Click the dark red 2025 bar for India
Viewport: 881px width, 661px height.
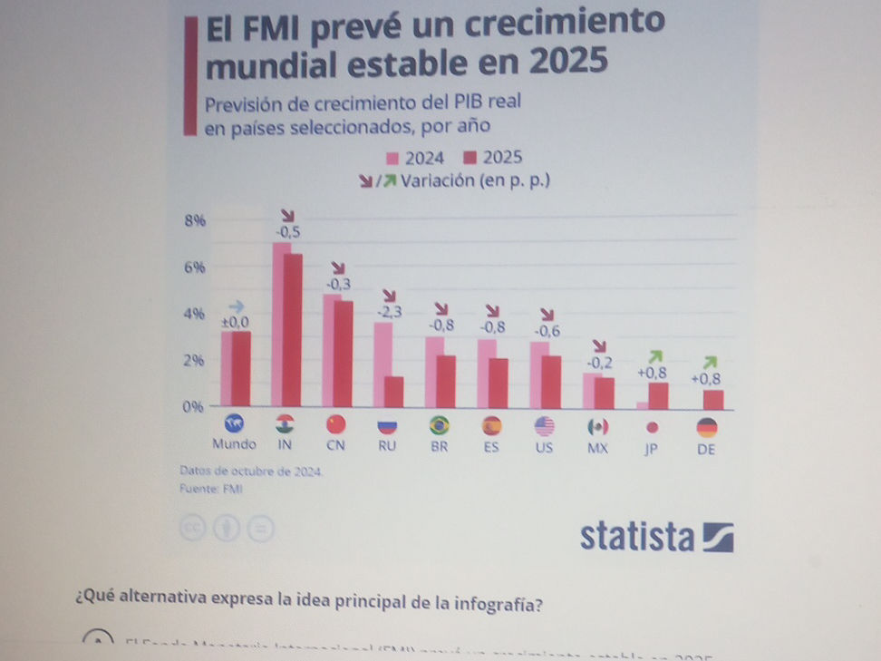(293, 331)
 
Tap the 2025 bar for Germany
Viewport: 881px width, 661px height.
(713, 400)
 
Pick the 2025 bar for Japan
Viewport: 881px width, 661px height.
(659, 395)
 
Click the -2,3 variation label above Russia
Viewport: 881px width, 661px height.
(390, 313)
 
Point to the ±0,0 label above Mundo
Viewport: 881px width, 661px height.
(235, 322)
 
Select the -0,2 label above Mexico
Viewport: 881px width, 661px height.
(599, 363)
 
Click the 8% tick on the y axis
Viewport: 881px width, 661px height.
(195, 220)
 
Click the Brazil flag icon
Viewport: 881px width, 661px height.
(440, 425)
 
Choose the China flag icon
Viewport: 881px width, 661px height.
(335, 425)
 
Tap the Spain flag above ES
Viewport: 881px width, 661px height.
(492, 425)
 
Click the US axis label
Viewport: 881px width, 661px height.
(544, 446)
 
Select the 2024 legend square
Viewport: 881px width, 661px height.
(392, 158)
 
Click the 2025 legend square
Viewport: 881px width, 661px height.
(470, 158)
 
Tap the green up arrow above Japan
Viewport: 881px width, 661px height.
(657, 355)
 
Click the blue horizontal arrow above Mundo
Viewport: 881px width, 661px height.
(237, 306)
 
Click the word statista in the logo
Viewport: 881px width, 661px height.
(637, 537)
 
